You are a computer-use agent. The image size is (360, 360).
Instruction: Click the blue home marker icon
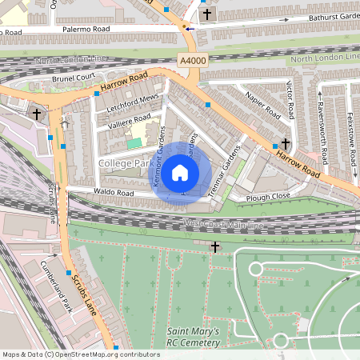(181, 171)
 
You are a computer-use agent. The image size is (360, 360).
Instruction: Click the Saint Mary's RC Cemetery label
(193, 337)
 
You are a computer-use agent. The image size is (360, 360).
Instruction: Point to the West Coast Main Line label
(223, 225)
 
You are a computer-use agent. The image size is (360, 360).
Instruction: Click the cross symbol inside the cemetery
(215, 247)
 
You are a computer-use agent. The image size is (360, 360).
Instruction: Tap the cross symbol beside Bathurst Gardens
(207, 14)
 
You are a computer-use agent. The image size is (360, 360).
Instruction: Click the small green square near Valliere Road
(135, 142)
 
